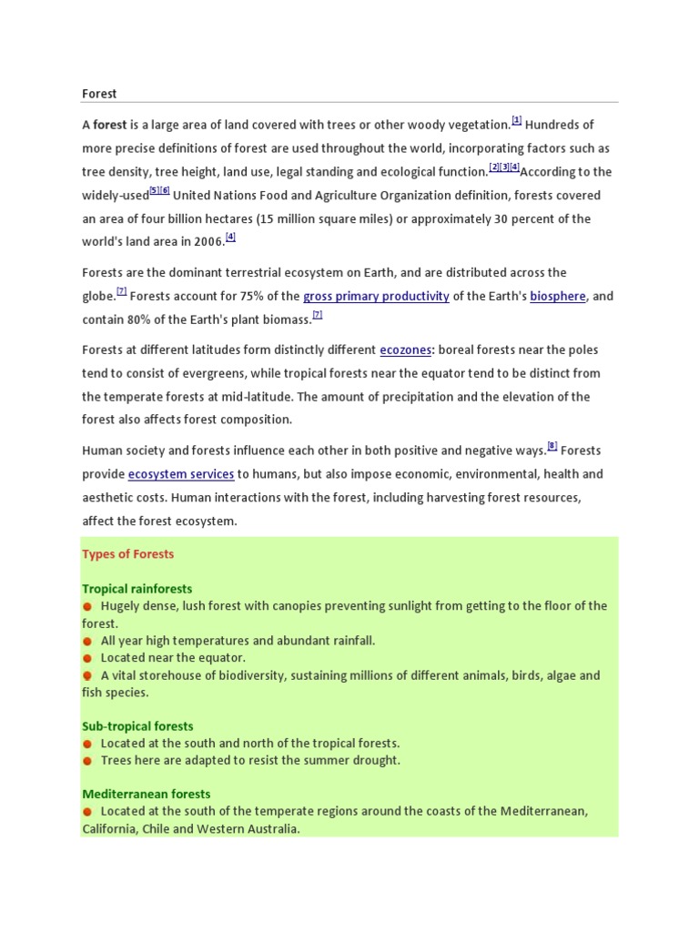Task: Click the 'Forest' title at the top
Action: tap(99, 94)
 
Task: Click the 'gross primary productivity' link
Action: tap(376, 296)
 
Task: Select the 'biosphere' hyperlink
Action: tap(557, 296)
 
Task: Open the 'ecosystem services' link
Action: tap(181, 474)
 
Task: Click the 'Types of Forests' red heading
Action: tap(127, 554)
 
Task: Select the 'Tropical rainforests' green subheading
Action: tap(137, 589)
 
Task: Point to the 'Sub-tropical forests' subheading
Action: tap(137, 726)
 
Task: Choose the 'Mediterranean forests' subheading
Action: tap(146, 795)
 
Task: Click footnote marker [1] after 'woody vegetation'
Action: tap(516, 120)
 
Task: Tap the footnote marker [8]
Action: tap(552, 446)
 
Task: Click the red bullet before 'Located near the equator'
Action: tap(87, 658)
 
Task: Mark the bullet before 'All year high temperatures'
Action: tap(87, 641)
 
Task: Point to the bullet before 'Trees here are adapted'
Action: tap(87, 761)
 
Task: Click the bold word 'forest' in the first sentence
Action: tap(110, 125)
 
